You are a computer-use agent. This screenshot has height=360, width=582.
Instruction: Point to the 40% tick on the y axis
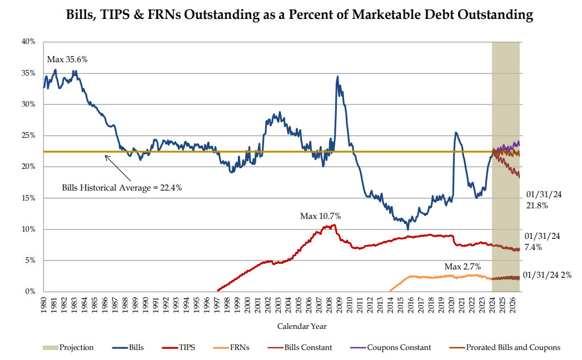coord(29,42)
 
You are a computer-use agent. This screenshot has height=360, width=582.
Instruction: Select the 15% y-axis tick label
coord(29,198)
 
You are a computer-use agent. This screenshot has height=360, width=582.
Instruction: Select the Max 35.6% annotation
coord(67,59)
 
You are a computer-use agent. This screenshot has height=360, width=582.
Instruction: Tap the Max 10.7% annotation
coord(320,215)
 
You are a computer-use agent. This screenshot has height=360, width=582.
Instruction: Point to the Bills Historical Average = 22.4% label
coord(122,187)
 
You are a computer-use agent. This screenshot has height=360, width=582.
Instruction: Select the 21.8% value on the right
coord(537,205)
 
